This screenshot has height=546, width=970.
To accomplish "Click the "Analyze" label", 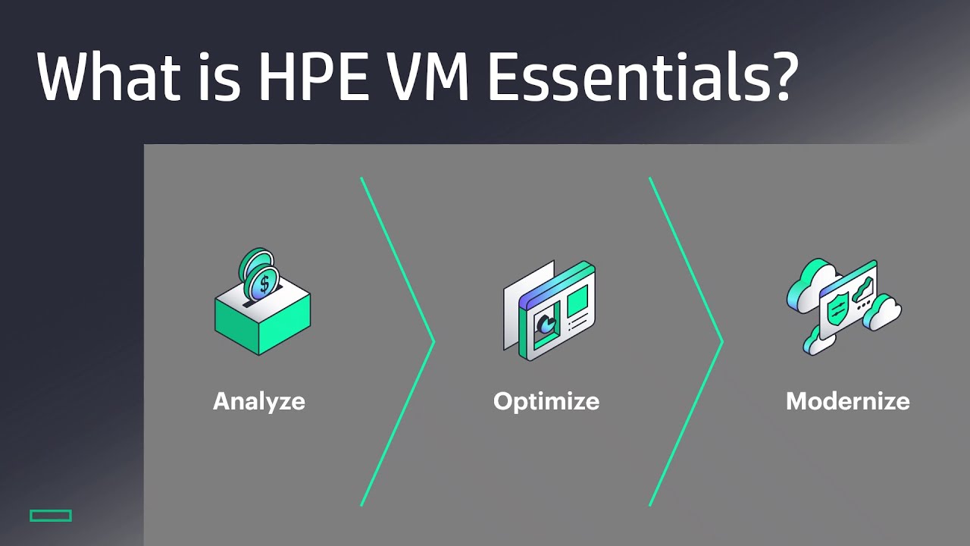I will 259,401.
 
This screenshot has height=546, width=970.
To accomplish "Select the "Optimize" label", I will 546,401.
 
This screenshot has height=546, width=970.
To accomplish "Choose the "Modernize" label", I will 848,401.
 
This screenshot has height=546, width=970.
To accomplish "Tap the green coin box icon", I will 262,322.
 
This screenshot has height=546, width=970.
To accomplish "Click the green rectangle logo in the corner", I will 51,516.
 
